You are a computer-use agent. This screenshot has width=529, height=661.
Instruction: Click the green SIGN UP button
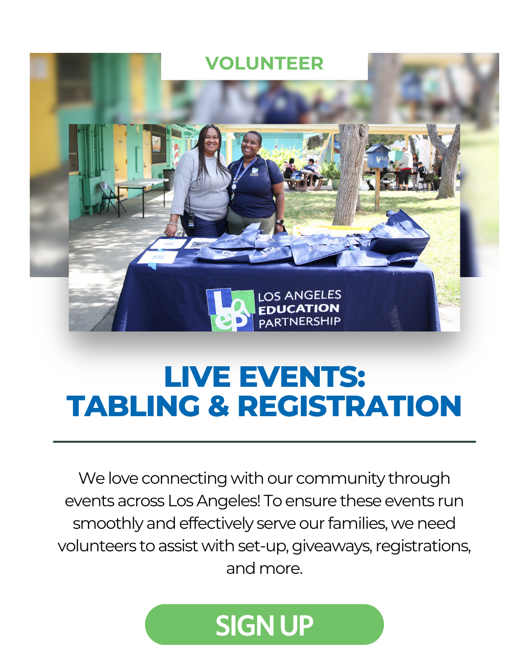pyautogui.click(x=264, y=625)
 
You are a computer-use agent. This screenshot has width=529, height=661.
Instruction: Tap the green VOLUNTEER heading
pyautogui.click(x=264, y=63)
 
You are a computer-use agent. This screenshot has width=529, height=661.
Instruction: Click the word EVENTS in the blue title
pyautogui.click(x=302, y=377)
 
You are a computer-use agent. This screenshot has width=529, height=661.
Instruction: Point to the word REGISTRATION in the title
pyautogui.click(x=350, y=406)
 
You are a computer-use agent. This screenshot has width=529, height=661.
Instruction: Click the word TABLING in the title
pyautogui.click(x=133, y=406)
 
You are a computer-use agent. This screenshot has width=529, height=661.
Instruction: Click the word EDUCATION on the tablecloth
pyautogui.click(x=299, y=309)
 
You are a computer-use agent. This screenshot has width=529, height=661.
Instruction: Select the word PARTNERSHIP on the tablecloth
pyautogui.click(x=300, y=322)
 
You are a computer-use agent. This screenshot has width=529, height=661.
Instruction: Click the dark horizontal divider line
pyautogui.click(x=264, y=442)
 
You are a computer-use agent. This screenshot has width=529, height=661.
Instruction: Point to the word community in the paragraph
pyautogui.click(x=340, y=478)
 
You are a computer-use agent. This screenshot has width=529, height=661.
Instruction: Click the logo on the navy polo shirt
pyautogui.click(x=255, y=171)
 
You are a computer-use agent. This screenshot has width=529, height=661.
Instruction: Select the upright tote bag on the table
pyautogui.click(x=399, y=234)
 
